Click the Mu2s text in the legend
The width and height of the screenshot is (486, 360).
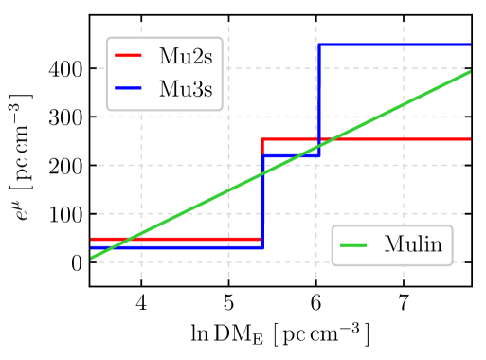click(x=185, y=57)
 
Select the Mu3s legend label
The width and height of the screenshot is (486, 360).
click(x=185, y=89)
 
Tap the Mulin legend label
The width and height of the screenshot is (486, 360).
click(x=412, y=245)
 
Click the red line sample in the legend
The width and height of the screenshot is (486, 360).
click(x=128, y=56)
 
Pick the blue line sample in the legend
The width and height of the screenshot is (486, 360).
click(x=128, y=88)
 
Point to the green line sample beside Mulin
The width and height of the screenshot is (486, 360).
click(x=353, y=245)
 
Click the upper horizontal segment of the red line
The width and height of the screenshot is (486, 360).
click(x=398, y=139)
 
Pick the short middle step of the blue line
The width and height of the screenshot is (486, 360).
click(x=290, y=154)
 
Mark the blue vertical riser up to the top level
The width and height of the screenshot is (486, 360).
click(x=319, y=95)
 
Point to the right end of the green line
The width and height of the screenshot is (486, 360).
click(x=470, y=72)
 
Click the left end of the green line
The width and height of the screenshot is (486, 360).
click(x=92, y=257)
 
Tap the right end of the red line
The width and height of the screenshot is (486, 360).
click(x=470, y=139)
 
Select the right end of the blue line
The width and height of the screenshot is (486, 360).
click(x=470, y=45)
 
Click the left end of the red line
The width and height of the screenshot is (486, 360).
click(x=92, y=239)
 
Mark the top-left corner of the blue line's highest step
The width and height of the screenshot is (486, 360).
click(x=319, y=45)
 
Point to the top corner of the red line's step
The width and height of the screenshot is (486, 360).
click(x=262, y=139)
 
